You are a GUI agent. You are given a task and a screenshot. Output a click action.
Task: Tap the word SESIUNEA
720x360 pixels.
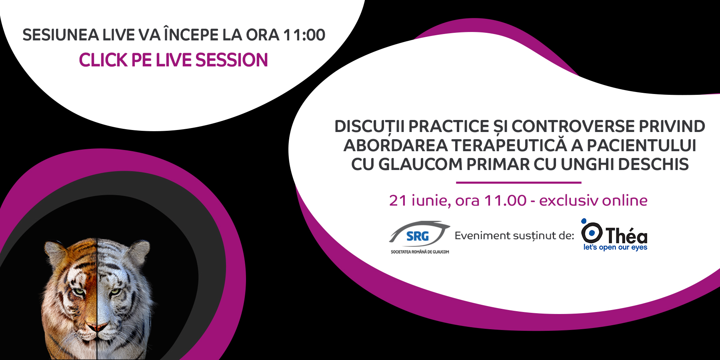click(x=60, y=35)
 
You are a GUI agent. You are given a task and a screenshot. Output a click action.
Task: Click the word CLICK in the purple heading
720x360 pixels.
click(x=103, y=60)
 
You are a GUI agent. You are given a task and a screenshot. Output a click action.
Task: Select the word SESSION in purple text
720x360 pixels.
click(x=232, y=60)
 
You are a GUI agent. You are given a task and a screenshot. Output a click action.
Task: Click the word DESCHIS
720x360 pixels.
click(x=654, y=164)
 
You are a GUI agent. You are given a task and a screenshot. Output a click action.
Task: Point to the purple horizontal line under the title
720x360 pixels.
click(x=518, y=182)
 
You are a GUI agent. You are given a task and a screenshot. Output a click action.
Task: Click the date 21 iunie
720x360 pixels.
click(x=420, y=201)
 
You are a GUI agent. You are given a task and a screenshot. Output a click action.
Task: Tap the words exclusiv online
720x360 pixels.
click(x=593, y=200)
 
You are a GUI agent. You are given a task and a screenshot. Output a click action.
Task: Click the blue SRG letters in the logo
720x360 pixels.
click(x=417, y=236)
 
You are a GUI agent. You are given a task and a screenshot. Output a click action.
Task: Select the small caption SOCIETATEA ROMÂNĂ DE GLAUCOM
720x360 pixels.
click(x=420, y=252)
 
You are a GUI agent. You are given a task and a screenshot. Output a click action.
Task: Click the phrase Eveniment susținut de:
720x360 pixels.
click(x=514, y=236)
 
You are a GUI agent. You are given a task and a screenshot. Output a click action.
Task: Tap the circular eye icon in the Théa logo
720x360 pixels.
click(x=592, y=232)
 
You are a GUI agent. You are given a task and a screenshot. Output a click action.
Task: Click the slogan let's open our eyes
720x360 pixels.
click(x=615, y=247)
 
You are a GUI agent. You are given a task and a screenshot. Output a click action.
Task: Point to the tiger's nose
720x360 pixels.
click(x=97, y=327)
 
